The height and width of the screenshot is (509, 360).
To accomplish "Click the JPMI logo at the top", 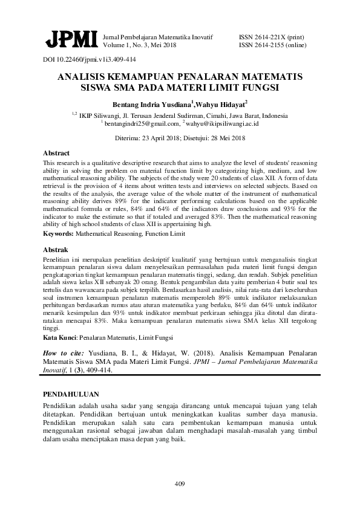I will (70, 40).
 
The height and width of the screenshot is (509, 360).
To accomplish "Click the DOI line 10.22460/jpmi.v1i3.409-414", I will (89, 60).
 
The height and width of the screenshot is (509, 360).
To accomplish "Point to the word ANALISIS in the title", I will (83, 78).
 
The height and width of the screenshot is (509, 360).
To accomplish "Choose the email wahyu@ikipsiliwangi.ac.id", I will (224, 123).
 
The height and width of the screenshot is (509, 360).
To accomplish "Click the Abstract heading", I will (56, 154).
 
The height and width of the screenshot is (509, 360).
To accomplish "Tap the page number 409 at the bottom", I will (180, 484).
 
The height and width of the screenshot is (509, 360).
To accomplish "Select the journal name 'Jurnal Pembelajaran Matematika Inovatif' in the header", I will (159, 37).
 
